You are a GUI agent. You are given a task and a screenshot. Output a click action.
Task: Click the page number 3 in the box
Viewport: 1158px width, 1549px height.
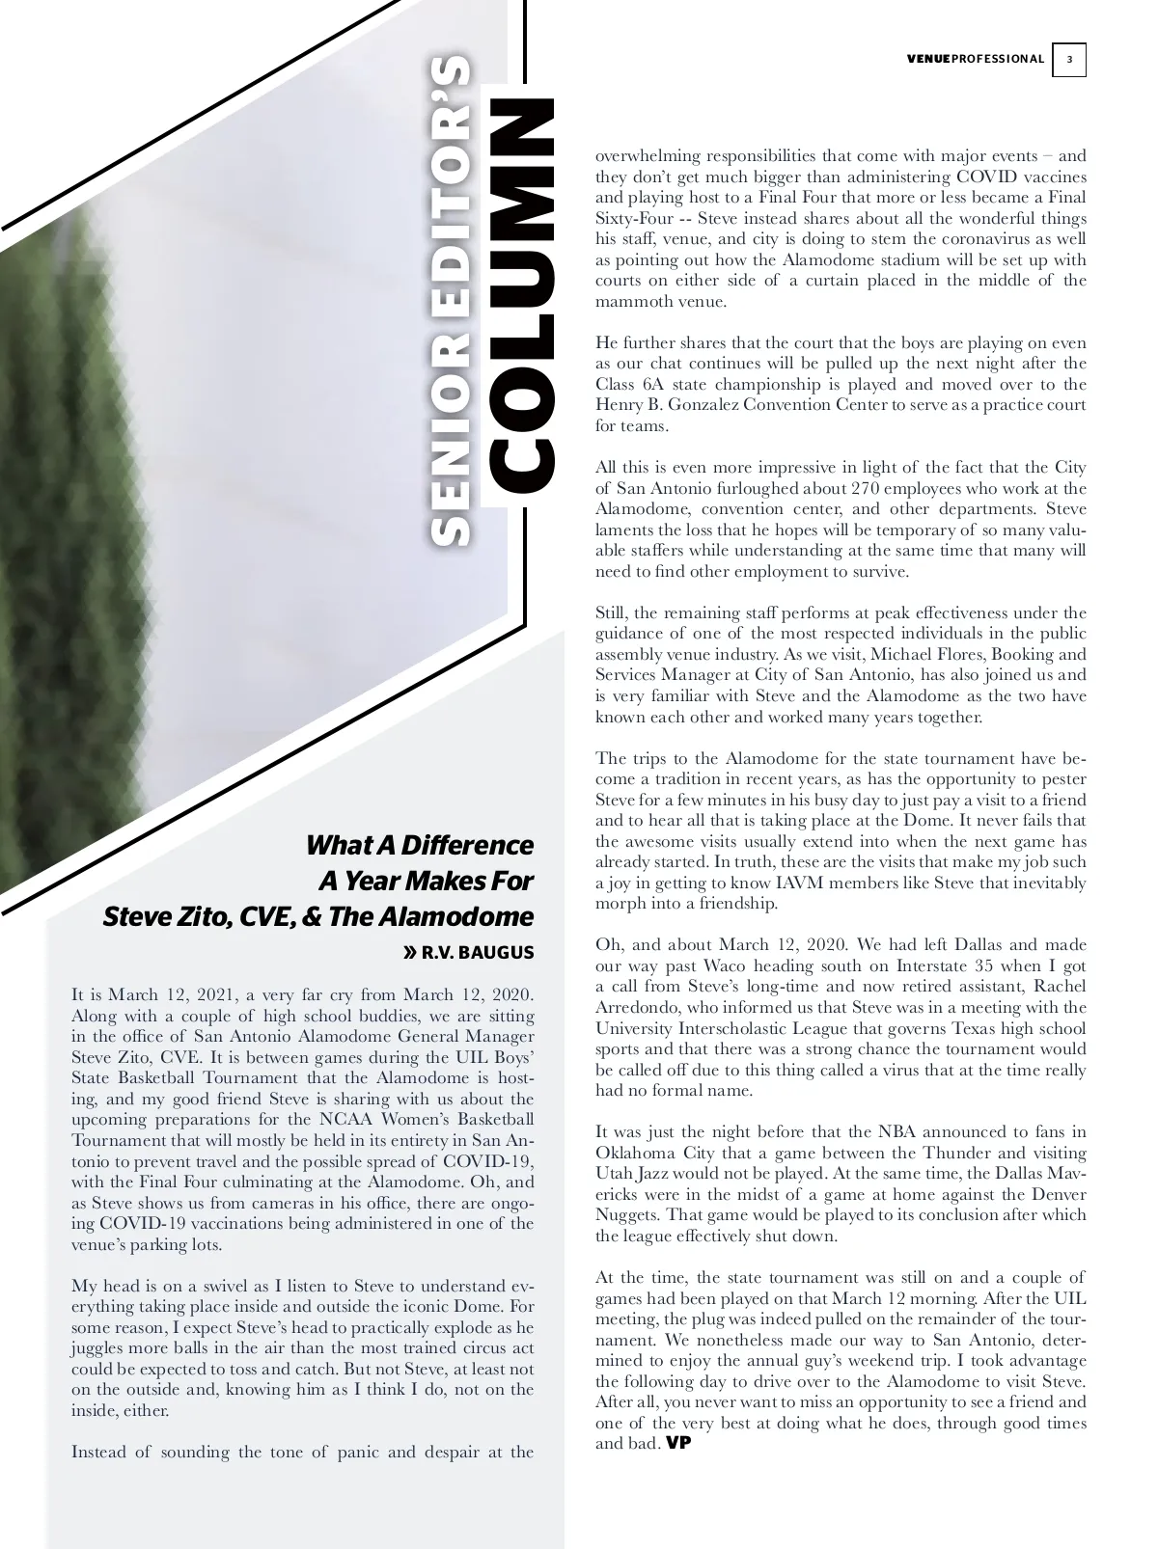click(1068, 60)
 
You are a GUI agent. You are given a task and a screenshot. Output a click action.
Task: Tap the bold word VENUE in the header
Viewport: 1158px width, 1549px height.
click(928, 60)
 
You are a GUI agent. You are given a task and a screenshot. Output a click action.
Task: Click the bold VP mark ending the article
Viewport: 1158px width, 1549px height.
click(679, 1444)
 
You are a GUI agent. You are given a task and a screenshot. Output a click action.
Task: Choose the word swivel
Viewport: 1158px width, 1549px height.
click(218, 1287)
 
